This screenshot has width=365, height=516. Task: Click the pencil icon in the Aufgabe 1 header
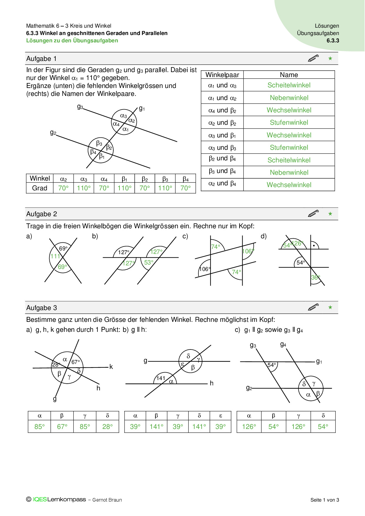(313, 58)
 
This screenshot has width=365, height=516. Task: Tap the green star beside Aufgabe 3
(330, 307)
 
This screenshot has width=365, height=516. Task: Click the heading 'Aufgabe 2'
(42, 214)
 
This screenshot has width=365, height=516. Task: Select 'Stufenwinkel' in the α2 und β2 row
(289, 123)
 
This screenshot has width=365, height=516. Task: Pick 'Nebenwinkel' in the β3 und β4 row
(289, 173)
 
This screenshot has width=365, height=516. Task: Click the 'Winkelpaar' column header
(222, 75)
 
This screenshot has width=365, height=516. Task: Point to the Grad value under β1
(125, 188)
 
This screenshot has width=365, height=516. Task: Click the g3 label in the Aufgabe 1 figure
(80, 107)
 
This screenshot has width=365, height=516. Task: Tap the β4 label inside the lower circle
(93, 152)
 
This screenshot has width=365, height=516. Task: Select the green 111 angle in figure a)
(55, 256)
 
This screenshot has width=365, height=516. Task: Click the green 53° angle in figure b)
(149, 262)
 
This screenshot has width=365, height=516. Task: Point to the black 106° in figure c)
(205, 269)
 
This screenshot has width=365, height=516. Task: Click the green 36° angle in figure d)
(315, 277)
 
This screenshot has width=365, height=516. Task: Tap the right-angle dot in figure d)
(314, 245)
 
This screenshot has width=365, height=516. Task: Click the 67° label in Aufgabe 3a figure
(76, 362)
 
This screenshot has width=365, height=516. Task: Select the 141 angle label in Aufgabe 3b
(161, 378)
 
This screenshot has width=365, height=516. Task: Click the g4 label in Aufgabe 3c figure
(283, 344)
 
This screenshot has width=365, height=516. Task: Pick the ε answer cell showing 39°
(220, 427)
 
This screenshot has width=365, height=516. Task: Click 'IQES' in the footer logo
(40, 500)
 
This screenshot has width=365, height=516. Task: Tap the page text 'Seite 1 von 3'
(325, 500)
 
